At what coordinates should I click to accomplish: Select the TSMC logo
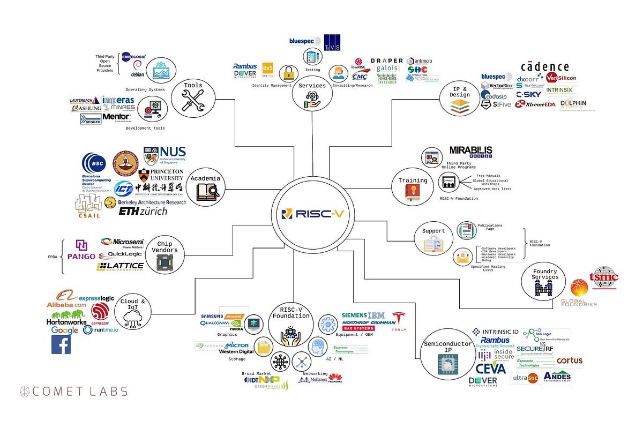(x=603, y=278)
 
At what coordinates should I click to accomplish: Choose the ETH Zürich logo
(x=143, y=211)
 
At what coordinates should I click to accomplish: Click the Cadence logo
(x=544, y=67)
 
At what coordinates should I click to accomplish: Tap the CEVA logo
(x=490, y=368)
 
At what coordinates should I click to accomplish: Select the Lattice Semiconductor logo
(x=120, y=266)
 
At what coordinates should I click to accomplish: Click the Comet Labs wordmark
(x=73, y=391)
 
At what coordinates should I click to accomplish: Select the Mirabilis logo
(x=471, y=152)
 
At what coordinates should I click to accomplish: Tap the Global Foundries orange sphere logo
(x=579, y=288)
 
